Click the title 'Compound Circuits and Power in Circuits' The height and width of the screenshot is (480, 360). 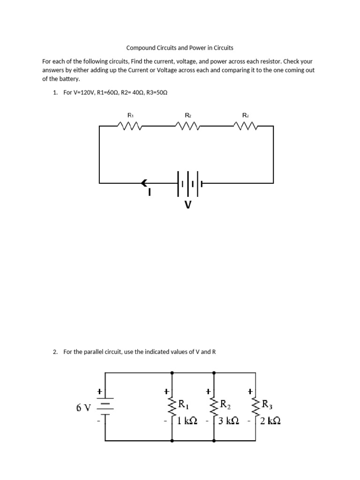click(180, 48)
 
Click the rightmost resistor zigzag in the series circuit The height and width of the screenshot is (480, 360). click(245, 126)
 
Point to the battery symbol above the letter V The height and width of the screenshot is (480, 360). click(189, 183)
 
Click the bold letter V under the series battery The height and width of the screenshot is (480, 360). click(188, 205)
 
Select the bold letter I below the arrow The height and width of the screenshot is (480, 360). click(149, 192)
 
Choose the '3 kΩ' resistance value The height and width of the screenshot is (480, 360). click(229, 421)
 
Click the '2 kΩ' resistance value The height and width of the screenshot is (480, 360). click(270, 421)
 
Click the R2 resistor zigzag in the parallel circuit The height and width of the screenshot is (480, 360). click(214, 407)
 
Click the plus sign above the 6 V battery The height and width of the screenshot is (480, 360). click(99, 390)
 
